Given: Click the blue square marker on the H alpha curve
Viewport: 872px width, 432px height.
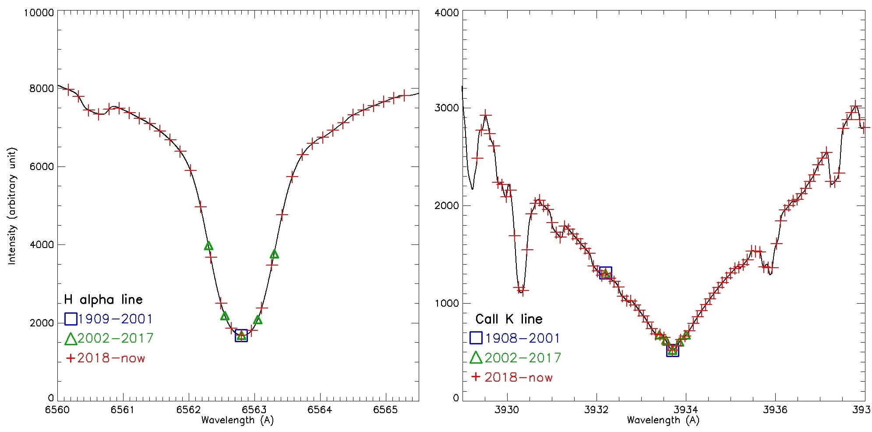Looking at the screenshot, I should click(241, 336).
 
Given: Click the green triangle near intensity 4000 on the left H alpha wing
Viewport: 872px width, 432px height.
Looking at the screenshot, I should click(208, 246).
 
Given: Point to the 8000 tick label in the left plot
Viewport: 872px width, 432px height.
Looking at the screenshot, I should click(42, 89).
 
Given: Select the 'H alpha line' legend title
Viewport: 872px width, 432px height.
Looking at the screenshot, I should click(103, 300).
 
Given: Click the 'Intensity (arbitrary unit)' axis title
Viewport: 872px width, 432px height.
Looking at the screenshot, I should click(12, 206).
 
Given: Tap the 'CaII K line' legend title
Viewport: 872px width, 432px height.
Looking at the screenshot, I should click(509, 319).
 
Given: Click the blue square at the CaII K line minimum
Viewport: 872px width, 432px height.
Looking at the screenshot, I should click(673, 351).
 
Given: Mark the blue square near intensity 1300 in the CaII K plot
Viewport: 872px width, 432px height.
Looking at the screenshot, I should click(605, 273).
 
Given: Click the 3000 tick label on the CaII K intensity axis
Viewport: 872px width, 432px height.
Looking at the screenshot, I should click(446, 108).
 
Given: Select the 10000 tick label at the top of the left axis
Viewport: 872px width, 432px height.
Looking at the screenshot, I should click(39, 13).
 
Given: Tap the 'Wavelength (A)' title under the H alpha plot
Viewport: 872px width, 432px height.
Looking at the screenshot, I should click(237, 420).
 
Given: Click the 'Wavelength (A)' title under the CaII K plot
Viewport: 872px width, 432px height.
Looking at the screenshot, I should click(663, 420).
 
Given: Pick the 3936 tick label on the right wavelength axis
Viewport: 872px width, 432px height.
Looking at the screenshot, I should click(775, 410).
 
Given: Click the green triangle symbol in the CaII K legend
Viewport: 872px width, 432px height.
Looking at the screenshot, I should click(476, 358).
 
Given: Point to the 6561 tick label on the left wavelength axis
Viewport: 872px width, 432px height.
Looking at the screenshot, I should click(123, 410).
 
